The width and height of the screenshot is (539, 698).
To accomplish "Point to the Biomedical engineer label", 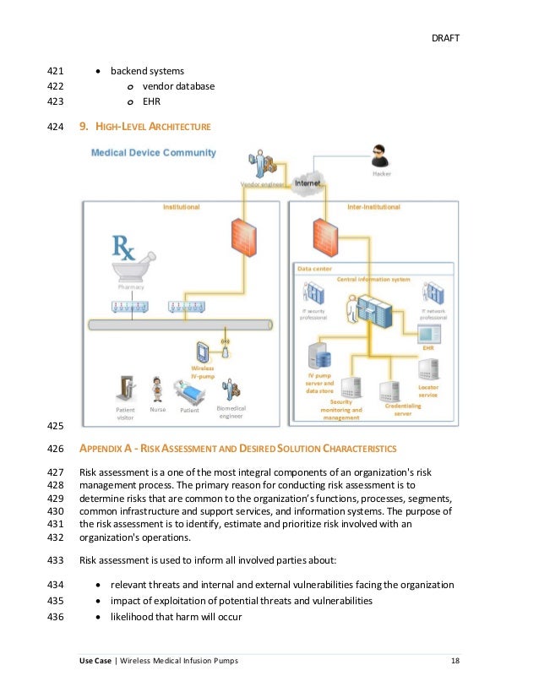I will coord(231,412).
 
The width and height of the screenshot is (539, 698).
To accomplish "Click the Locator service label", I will coord(428,390).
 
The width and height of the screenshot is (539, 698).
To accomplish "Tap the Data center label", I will coord(314,269).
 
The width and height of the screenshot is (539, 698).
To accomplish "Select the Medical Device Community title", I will coord(153,153).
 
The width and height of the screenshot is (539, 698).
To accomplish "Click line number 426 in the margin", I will coord(57,448).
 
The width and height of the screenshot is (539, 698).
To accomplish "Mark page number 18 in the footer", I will coord(455,660).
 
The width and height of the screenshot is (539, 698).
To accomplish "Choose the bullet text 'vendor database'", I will coord(178,86).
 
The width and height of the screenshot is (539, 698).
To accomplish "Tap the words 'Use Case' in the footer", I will coord(95,660).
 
